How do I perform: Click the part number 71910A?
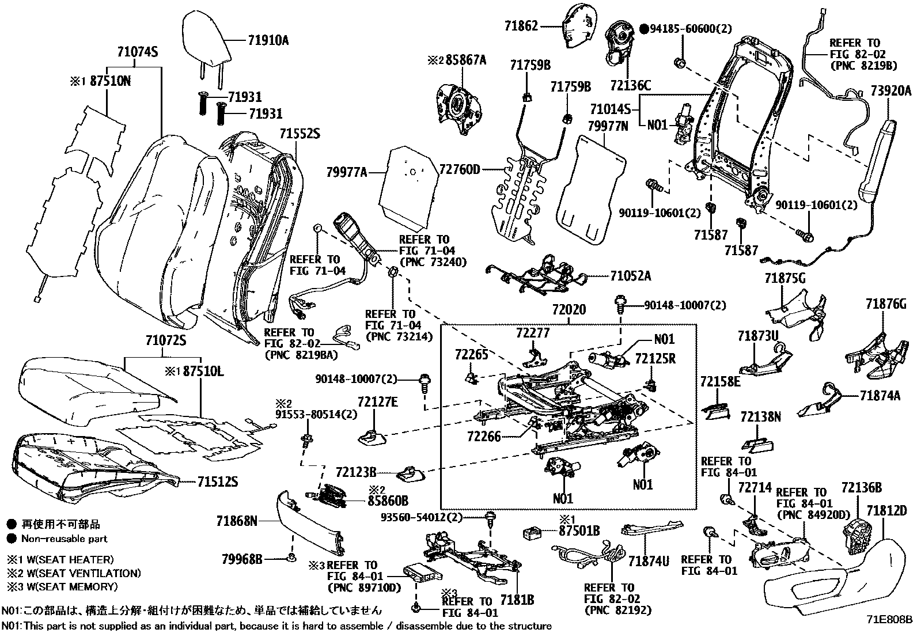268,40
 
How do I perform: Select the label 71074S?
138,52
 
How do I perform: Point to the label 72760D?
460,169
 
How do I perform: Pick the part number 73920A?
891,90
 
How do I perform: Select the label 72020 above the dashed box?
569,310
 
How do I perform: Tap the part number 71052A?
631,276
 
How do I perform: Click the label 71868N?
237,521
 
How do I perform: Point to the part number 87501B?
580,530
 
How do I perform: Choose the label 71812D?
886,510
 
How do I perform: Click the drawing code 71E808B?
890,620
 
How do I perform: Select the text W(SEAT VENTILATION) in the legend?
81,573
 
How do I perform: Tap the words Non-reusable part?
64,539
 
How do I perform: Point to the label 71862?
521,25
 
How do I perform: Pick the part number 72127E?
377,401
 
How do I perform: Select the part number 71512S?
217,482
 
